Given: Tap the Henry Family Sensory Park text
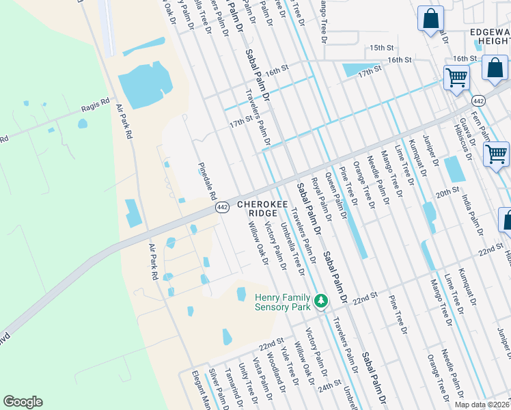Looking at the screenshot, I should click(281, 301).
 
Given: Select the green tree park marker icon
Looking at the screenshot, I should click(320, 301).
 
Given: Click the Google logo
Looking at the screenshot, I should click(23, 402).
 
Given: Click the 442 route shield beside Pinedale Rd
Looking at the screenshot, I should click(222, 207).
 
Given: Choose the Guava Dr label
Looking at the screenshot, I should click(470, 133).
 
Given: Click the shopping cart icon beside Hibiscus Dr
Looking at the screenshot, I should click(497, 153).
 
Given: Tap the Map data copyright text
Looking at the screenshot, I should click(482, 405).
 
